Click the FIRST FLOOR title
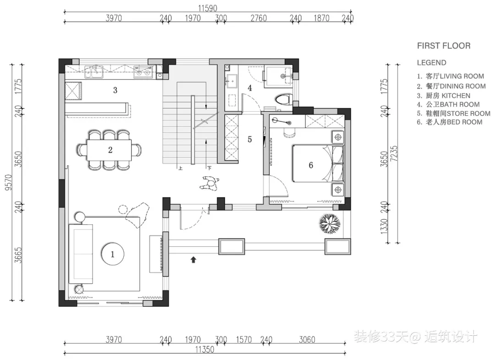coord(444,46)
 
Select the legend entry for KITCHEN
coord(444,96)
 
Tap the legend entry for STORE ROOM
coord(454,113)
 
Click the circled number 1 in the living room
coord(113,254)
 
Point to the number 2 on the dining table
coord(110,150)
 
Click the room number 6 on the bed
coord(311,165)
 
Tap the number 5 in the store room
coord(250,139)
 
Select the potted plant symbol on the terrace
coord(330,224)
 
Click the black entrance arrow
coord(193,260)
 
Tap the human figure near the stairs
coord(209,183)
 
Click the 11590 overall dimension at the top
coord(208,8)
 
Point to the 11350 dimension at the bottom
coord(204,349)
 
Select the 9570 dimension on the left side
coord(9,182)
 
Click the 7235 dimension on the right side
coord(394,153)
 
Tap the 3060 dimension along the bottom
coord(307,339)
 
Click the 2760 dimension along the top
coord(258,18)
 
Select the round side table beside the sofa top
coord(80,218)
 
